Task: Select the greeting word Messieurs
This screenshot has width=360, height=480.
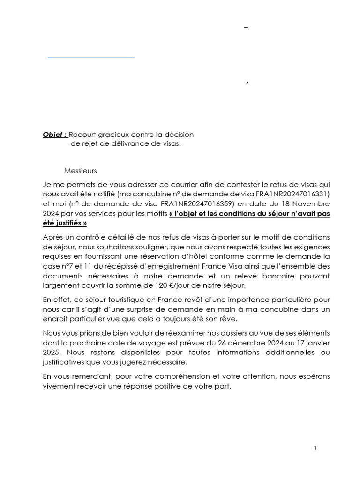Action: point(80,171)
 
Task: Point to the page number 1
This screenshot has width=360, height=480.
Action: point(315,448)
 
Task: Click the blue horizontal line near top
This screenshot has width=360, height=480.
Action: point(91,57)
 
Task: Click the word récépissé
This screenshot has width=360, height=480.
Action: point(115,265)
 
